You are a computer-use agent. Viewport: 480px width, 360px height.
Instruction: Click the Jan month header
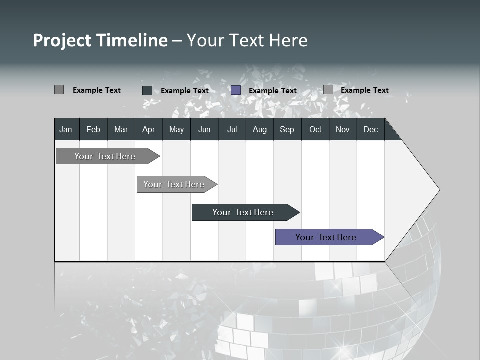pyautogui.click(x=66, y=129)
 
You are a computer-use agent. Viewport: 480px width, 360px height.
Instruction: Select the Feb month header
pyautogui.click(x=93, y=129)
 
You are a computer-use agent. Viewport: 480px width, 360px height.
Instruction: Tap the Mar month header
pyautogui.click(x=121, y=129)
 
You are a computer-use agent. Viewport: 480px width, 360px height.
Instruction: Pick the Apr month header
pyautogui.click(x=148, y=129)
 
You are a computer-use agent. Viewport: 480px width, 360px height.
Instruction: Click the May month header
pyautogui.click(x=176, y=129)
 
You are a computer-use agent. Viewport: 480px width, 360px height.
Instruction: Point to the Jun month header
pyautogui.click(x=204, y=129)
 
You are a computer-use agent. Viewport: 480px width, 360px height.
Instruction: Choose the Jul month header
pyautogui.click(x=232, y=129)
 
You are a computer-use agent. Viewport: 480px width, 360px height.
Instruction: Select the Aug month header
pyautogui.click(x=259, y=129)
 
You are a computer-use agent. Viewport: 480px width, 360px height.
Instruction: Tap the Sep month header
pyautogui.click(x=287, y=129)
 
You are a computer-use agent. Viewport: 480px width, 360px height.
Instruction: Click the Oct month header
pyautogui.click(x=315, y=129)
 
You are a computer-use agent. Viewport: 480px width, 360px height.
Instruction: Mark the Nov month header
pyautogui.click(x=343, y=129)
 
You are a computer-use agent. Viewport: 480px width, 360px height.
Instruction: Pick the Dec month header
pyautogui.click(x=370, y=129)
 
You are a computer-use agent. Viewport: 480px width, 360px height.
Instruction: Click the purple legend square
pyautogui.click(x=236, y=90)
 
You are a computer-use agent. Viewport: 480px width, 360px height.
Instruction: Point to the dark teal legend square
pyautogui.click(x=147, y=90)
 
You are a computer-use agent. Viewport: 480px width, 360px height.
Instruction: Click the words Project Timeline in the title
pyautogui.click(x=100, y=40)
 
